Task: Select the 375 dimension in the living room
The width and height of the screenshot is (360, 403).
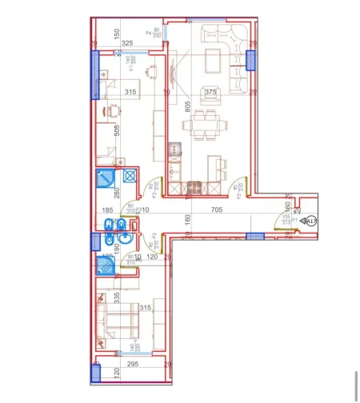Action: point(210,93)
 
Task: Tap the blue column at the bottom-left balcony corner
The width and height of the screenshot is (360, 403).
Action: point(96,372)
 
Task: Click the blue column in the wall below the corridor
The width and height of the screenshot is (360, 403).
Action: point(254,236)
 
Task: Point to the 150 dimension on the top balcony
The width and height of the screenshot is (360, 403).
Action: point(117,33)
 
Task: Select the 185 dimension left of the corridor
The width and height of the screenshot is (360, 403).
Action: point(108,211)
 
